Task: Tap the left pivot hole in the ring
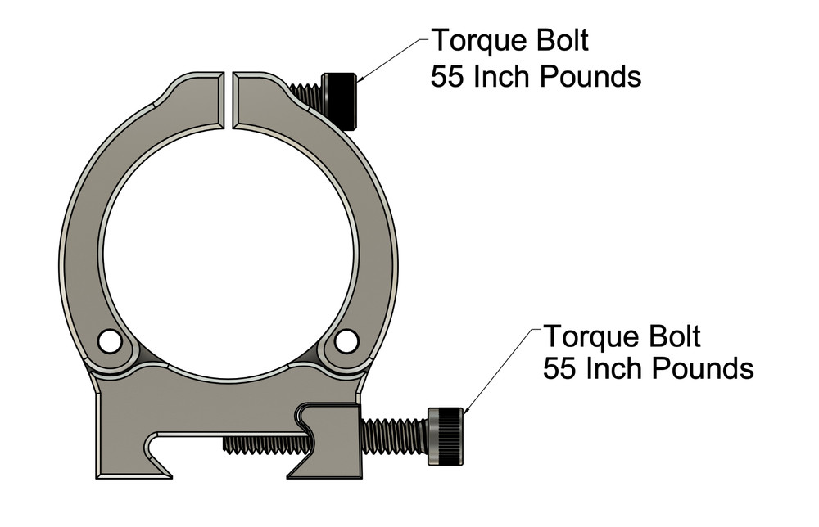click(x=107, y=339)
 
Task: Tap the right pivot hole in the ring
click(x=346, y=339)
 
